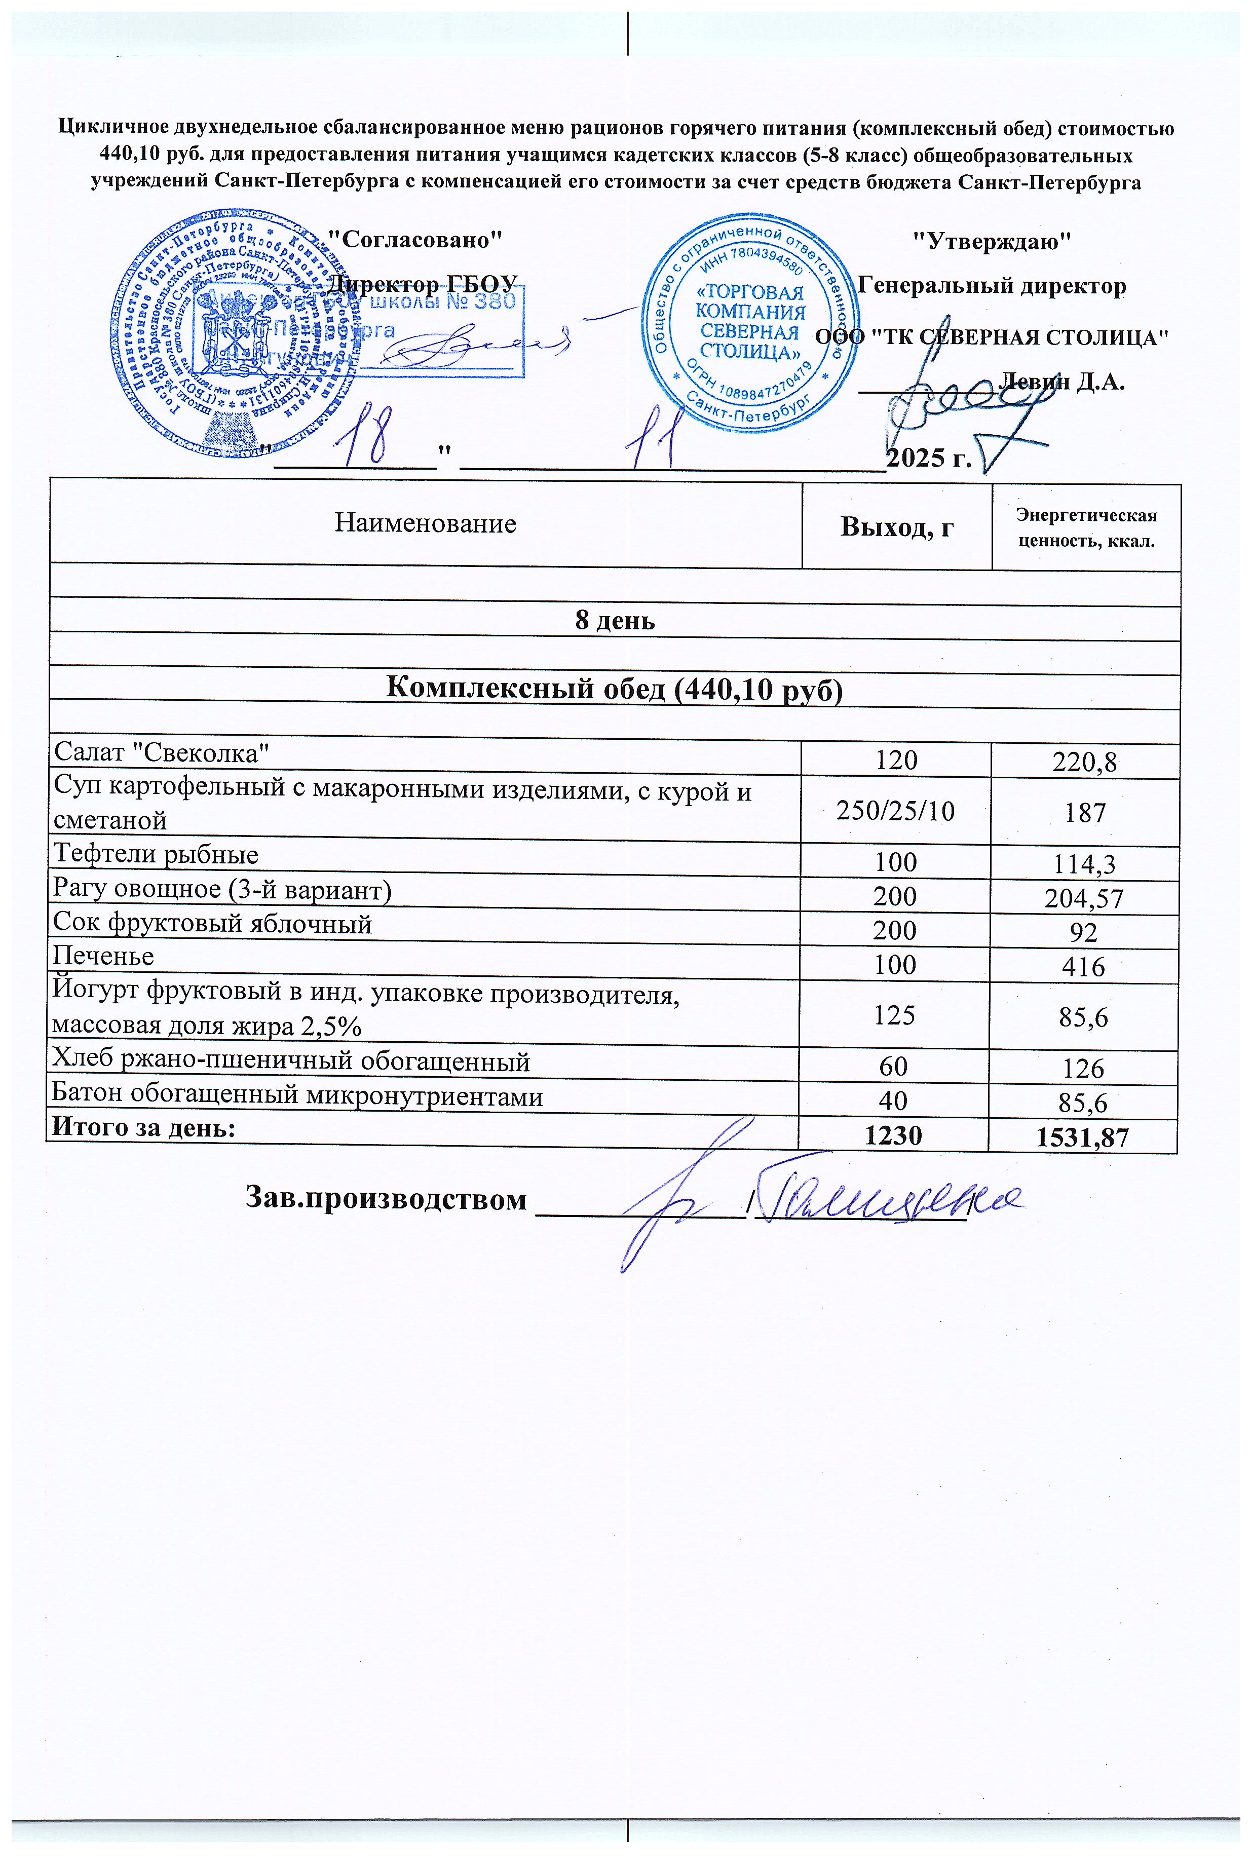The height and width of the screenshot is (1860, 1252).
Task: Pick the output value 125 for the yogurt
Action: [x=894, y=1015]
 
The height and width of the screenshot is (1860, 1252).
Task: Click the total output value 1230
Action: [x=893, y=1135]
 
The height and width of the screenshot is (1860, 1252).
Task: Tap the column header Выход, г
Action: [x=897, y=527]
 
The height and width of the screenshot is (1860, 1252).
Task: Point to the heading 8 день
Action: [x=615, y=620]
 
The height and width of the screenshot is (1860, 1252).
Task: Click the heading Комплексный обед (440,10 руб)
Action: [x=614, y=689]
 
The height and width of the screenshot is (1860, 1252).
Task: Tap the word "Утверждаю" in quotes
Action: [x=991, y=240]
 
